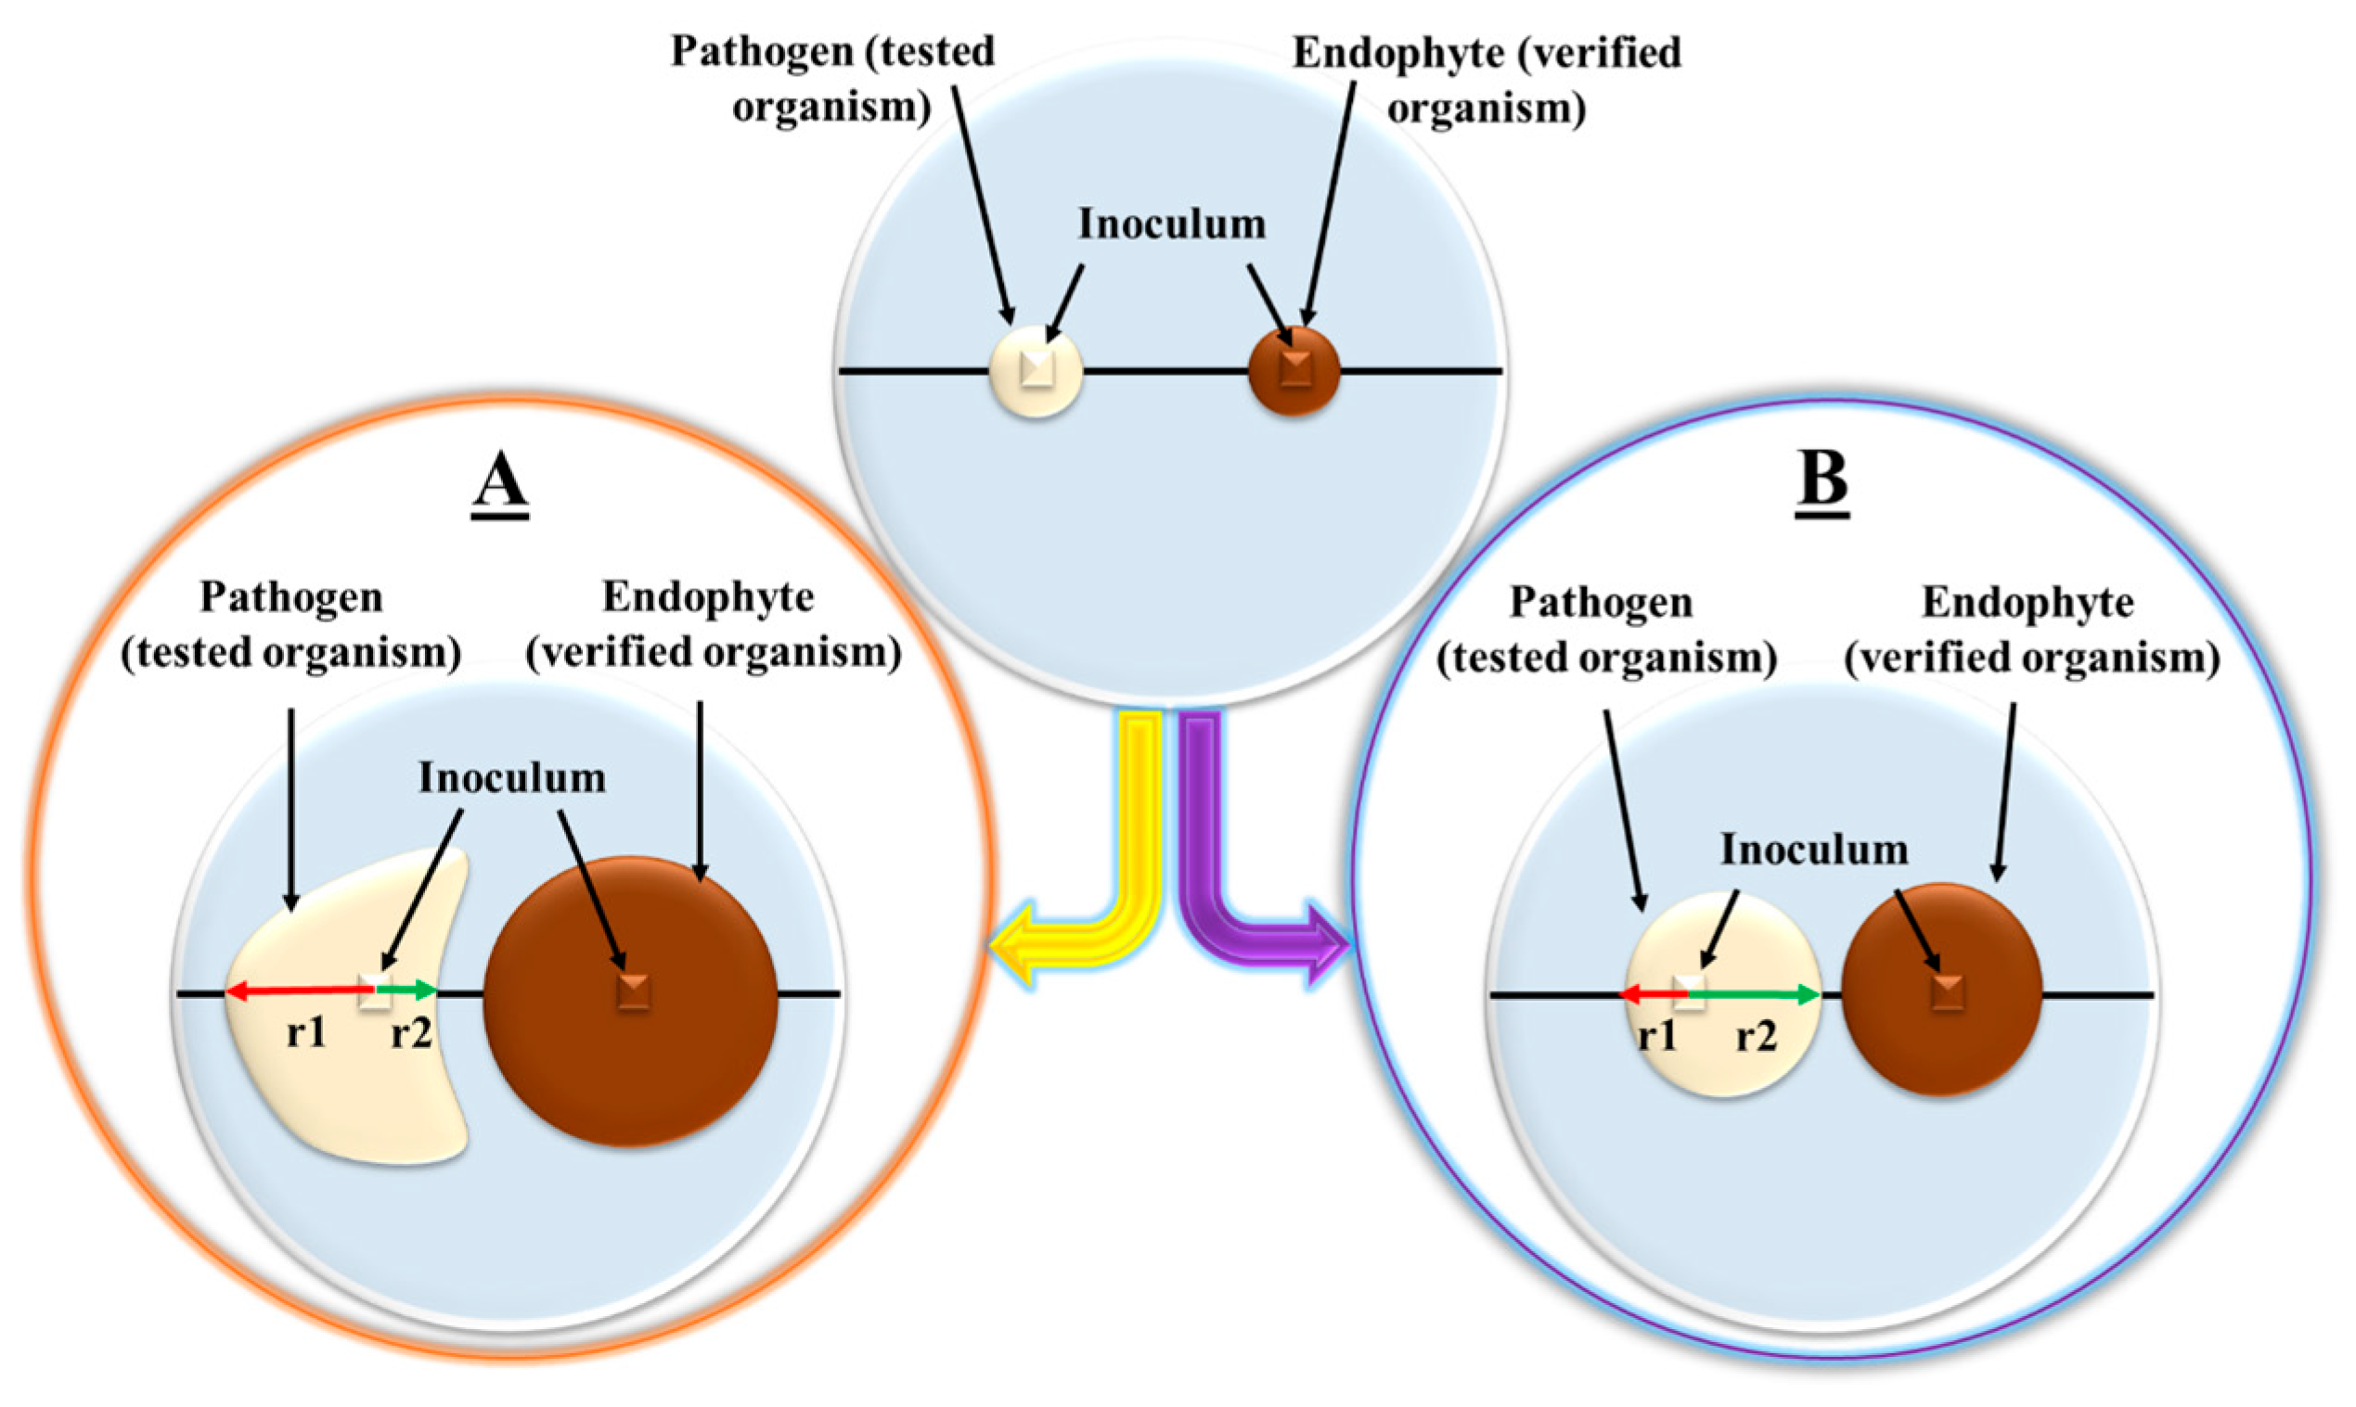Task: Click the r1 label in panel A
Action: [306, 1032]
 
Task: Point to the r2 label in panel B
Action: [1756, 1037]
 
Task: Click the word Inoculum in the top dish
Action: [1171, 224]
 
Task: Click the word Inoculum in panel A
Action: [512, 777]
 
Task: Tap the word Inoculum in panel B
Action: [1813, 850]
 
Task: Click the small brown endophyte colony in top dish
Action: [1294, 370]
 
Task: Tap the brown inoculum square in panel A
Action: [633, 991]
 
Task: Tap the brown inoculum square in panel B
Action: [1947, 993]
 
